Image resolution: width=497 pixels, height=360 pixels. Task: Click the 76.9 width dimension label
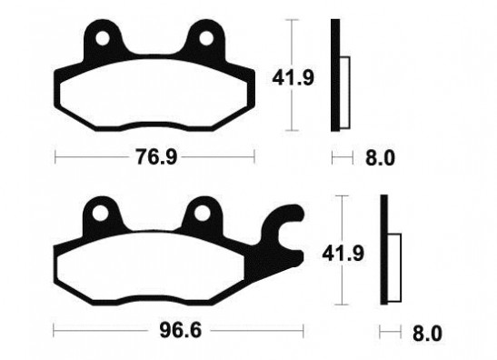tap(156, 156)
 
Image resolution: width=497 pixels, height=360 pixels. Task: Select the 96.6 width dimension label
tap(180, 331)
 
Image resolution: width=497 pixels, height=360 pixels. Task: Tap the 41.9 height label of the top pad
tap(293, 78)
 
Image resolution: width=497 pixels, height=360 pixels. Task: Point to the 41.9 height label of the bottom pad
tap(343, 254)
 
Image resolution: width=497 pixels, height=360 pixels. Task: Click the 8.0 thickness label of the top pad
tap(380, 158)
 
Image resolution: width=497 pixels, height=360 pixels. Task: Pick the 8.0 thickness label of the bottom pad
tap(427, 334)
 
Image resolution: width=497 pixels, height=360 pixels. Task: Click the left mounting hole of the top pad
tap(103, 39)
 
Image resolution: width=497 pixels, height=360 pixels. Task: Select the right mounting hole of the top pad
tap(206, 39)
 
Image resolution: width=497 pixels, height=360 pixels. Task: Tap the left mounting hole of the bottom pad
tap(100, 213)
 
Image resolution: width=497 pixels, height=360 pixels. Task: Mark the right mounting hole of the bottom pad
tap(202, 213)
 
